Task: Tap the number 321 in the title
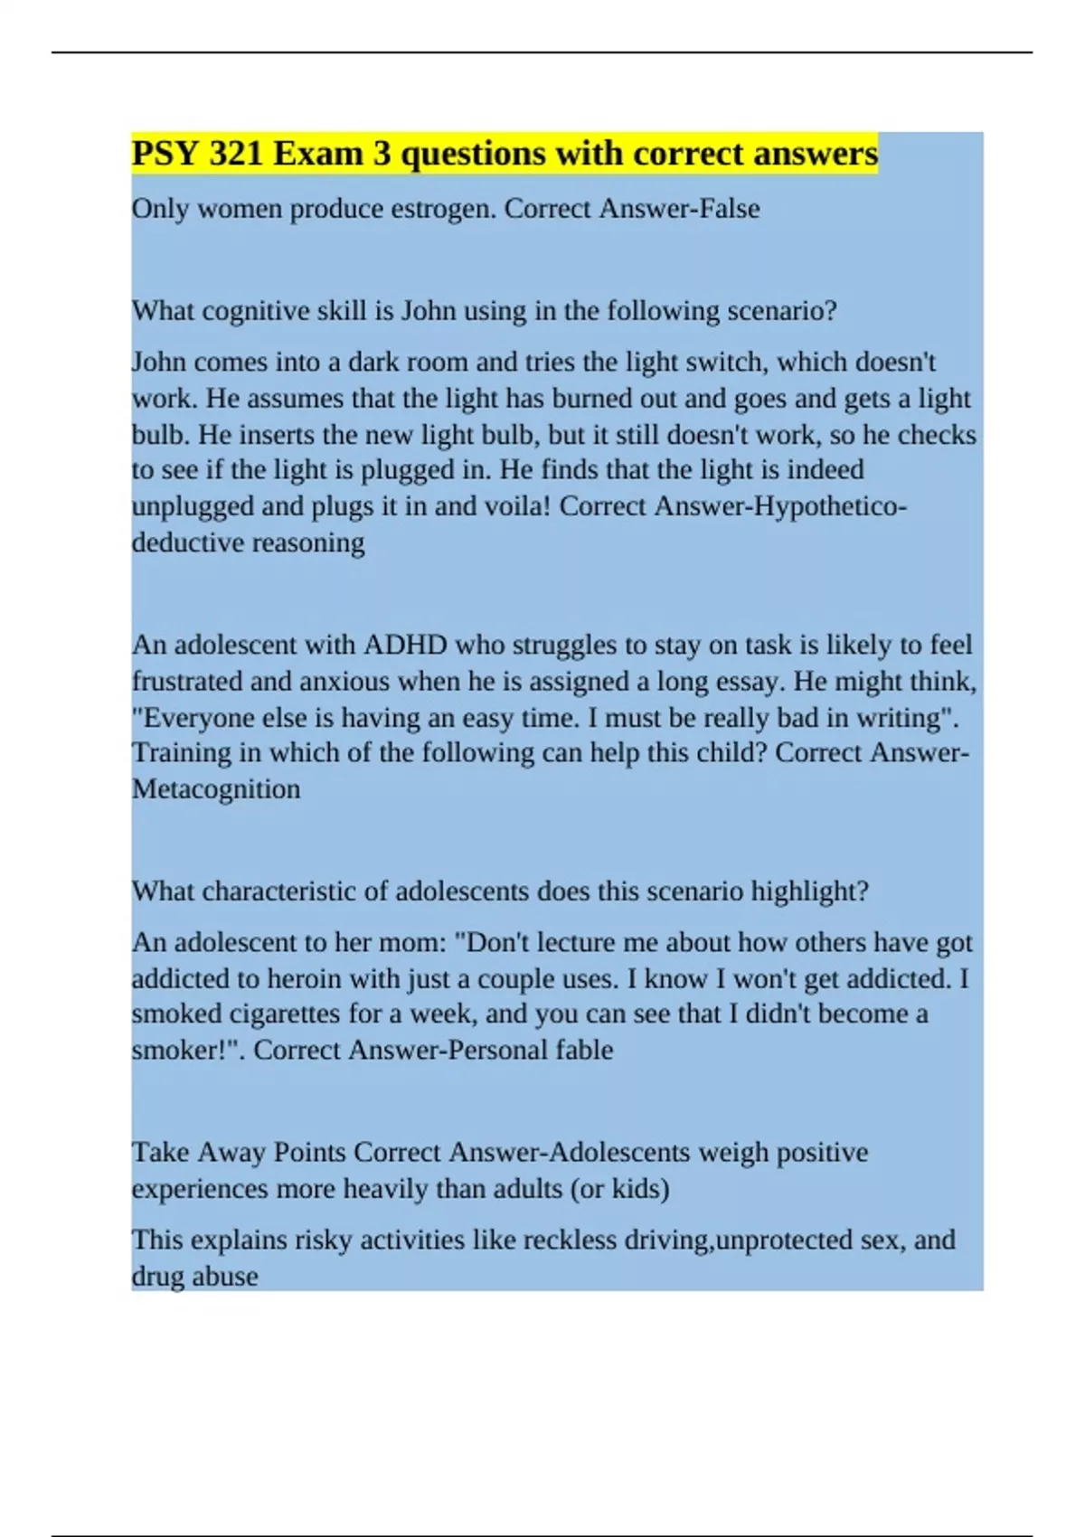point(236,154)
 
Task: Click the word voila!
point(511,506)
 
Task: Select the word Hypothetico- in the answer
point(830,506)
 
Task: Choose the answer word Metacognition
point(216,789)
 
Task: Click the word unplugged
point(193,506)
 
